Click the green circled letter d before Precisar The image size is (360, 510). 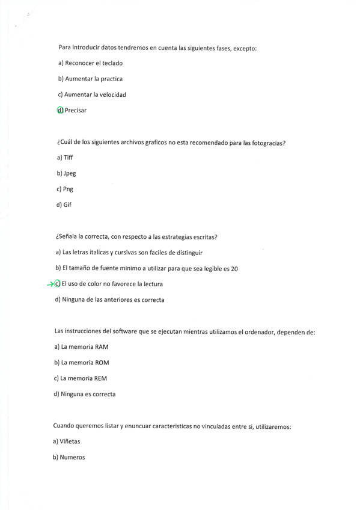59,110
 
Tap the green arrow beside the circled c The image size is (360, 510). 51,284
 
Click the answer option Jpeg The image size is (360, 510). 70,173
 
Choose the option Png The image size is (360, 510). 68,189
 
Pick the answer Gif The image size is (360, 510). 67,204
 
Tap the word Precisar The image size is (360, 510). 76,110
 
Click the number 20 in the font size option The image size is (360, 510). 234,269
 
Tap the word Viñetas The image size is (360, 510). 70,441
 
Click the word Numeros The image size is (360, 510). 73,457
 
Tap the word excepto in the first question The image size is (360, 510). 244,48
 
